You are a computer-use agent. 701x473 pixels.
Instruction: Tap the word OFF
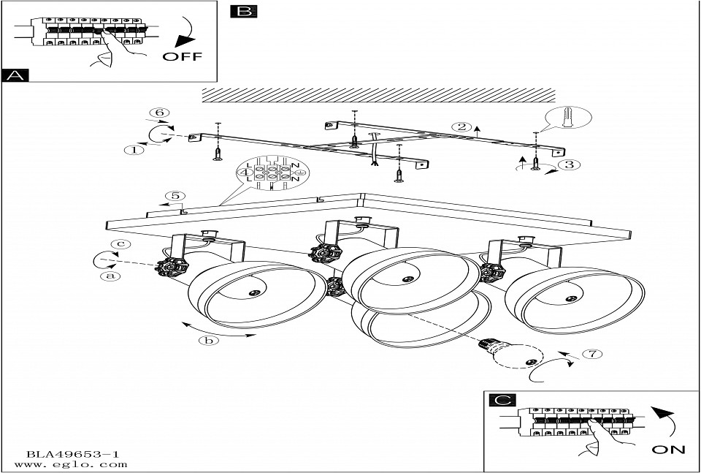point(181,56)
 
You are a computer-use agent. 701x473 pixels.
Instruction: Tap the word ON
point(668,450)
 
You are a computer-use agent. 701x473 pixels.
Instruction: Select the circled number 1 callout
point(133,151)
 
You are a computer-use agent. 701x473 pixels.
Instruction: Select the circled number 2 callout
point(461,126)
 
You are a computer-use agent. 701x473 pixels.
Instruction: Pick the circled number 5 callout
point(172,196)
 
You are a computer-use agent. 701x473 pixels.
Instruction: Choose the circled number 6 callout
point(159,113)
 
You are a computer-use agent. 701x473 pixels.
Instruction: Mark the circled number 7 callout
point(593,355)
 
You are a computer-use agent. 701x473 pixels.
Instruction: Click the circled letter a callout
point(110,276)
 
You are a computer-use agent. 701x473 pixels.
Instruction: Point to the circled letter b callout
point(210,340)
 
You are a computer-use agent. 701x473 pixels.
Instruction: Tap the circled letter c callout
point(125,244)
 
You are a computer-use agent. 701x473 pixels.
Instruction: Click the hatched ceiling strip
point(378,94)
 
